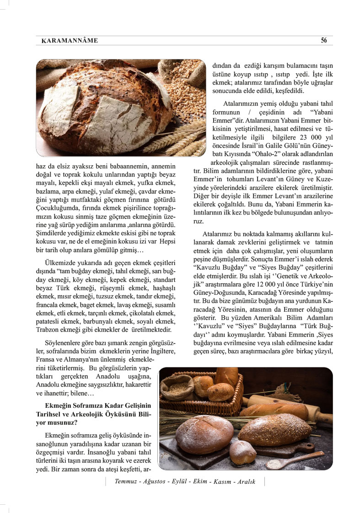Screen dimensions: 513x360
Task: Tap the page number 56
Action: click(323, 40)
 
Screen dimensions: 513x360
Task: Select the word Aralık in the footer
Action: click(246, 482)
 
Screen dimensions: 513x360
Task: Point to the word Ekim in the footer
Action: click(200, 482)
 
